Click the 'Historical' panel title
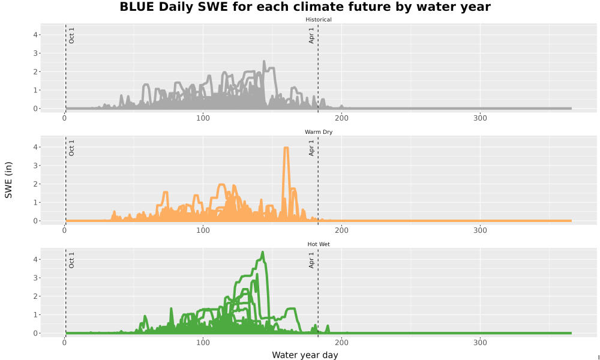coord(319,20)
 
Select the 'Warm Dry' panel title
coord(319,132)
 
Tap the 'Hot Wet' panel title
coord(319,244)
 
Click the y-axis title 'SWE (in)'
coord(8,180)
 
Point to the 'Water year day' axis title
coord(305,355)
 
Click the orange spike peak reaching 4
coord(286,147)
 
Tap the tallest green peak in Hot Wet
coord(263,252)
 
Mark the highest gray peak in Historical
coord(264,61)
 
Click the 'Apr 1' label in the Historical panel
coord(311,35)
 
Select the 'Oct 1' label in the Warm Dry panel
coord(71,148)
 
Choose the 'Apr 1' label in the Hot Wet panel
coord(311,260)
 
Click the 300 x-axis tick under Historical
coord(480,118)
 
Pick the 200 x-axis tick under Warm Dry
coord(342,230)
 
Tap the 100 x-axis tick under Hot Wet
coord(203,343)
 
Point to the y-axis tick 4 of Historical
coord(35,35)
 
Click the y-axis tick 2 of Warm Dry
coord(35,184)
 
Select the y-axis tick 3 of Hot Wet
coord(35,278)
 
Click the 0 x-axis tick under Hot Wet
coord(65,343)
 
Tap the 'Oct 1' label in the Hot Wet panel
coord(71,260)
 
